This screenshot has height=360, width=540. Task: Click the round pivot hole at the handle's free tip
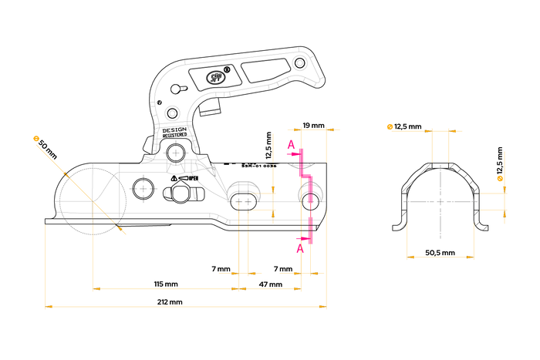[299, 62]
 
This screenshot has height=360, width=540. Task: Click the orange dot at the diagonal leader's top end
[35, 138]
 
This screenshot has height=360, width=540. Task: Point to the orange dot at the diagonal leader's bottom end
[123, 230]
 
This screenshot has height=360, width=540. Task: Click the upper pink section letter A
[291, 145]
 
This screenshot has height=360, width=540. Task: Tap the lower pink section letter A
[300, 247]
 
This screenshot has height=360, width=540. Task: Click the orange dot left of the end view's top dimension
[389, 125]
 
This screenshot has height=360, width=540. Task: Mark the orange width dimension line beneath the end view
[440, 257]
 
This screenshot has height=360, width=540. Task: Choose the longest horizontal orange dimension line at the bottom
[185, 307]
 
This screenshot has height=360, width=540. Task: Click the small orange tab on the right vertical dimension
[499, 179]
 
